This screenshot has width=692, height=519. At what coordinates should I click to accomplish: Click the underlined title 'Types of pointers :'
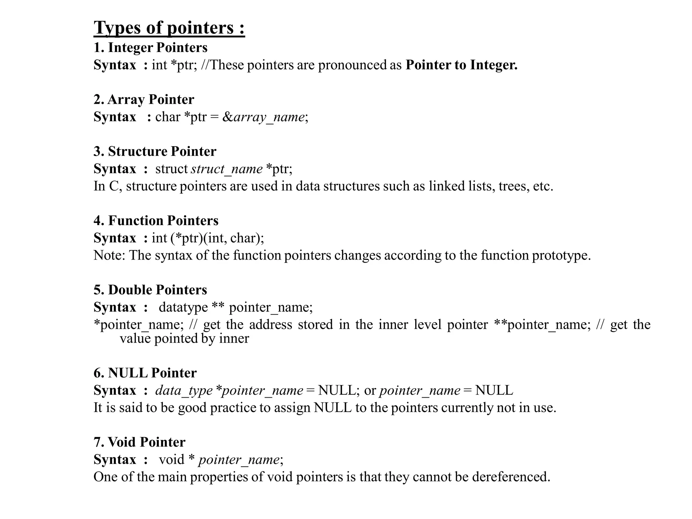tap(169, 28)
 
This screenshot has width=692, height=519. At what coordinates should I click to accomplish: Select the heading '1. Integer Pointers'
tap(150, 48)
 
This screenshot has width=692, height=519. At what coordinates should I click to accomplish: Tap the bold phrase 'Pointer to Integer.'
tap(461, 65)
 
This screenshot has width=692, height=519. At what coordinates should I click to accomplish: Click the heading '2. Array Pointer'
tap(144, 100)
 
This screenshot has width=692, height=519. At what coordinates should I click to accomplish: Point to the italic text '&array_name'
tap(264, 117)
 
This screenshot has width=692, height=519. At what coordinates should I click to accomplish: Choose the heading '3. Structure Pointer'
tap(155, 151)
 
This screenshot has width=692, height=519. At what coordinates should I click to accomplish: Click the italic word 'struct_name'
tap(226, 169)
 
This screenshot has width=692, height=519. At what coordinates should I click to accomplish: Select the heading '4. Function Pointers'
tap(156, 221)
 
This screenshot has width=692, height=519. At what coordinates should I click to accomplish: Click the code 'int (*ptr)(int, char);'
tap(208, 238)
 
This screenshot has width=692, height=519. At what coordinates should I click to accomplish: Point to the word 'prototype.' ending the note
tap(561, 255)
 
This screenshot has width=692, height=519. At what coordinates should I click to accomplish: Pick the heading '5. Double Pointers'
tap(150, 290)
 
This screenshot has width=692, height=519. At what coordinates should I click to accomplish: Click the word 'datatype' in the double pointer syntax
tap(183, 307)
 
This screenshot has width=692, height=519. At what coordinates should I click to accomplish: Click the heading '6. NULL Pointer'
tap(145, 373)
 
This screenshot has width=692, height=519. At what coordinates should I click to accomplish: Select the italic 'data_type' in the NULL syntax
tap(184, 391)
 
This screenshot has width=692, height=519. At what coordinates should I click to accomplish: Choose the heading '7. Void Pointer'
tap(140, 442)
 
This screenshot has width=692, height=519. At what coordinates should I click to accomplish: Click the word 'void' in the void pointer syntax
tap(172, 460)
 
